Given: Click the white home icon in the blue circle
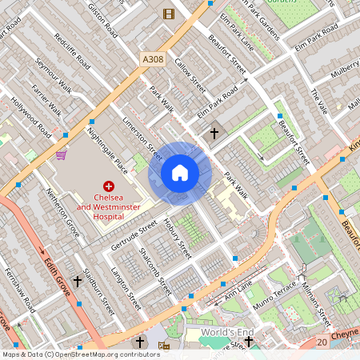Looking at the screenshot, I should (x=180, y=173).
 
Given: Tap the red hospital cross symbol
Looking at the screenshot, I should (x=109, y=185).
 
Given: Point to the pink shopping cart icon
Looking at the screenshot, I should (x=61, y=155).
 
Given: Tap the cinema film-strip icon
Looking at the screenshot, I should (x=168, y=13).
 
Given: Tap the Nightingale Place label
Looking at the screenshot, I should (x=107, y=149).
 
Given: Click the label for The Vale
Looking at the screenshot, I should (x=319, y=101).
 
